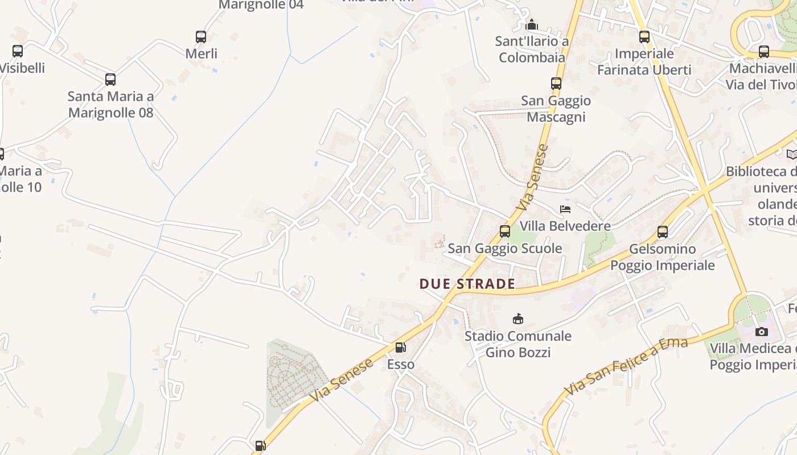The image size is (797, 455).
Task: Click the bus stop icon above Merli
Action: (201, 37)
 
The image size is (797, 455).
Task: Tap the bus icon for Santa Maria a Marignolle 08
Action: (110, 80)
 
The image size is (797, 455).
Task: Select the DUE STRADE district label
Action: (467, 284)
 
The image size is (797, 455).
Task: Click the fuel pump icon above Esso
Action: (401, 347)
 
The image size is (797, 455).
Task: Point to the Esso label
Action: (401, 364)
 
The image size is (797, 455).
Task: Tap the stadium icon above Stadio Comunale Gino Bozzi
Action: (518, 318)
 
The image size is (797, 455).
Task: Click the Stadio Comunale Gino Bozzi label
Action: (518, 344)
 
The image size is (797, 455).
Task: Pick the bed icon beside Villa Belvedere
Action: (565, 209)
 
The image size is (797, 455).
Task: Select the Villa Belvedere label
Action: (565, 226)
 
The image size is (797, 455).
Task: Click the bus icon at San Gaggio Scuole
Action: (505, 231)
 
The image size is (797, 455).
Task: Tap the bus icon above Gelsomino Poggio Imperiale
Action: (663, 232)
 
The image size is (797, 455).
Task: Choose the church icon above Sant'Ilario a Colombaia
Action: (532, 24)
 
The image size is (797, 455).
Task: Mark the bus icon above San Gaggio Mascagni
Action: (556, 84)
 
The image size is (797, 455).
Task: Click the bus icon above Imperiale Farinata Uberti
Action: (644, 37)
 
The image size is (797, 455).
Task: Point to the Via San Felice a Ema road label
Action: (626, 366)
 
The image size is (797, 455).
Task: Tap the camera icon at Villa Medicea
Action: (762, 332)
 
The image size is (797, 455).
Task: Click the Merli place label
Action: (202, 53)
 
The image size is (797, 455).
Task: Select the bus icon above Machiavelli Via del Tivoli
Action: (764, 52)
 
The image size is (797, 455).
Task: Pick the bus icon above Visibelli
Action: (18, 51)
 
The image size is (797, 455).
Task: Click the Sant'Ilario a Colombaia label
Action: (532, 49)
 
